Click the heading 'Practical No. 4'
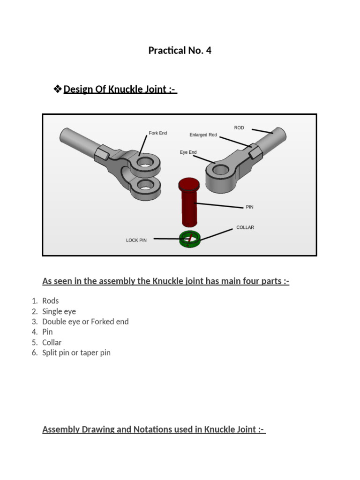180,51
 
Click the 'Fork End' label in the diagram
157,133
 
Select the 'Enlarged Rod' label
203,135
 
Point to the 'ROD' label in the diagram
239,127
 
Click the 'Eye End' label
188,152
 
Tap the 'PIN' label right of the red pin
249,207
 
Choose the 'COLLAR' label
245,227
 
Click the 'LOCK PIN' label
136,240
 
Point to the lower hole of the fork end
145,187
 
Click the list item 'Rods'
51,301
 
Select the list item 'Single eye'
59,311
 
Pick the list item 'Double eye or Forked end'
85,322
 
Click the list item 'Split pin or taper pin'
76,352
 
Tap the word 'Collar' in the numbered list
52,342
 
